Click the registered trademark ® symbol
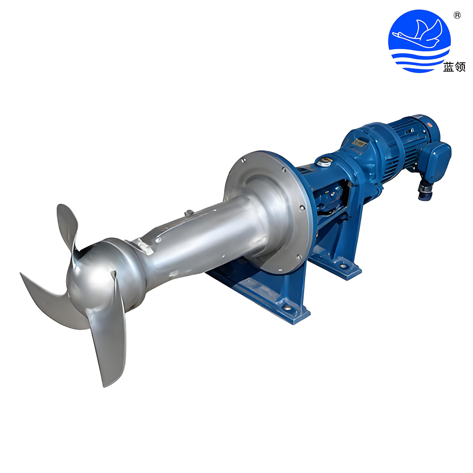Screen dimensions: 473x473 pyautogui.click(x=457, y=15)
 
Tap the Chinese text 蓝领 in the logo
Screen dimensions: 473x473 pyautogui.click(x=454, y=67)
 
